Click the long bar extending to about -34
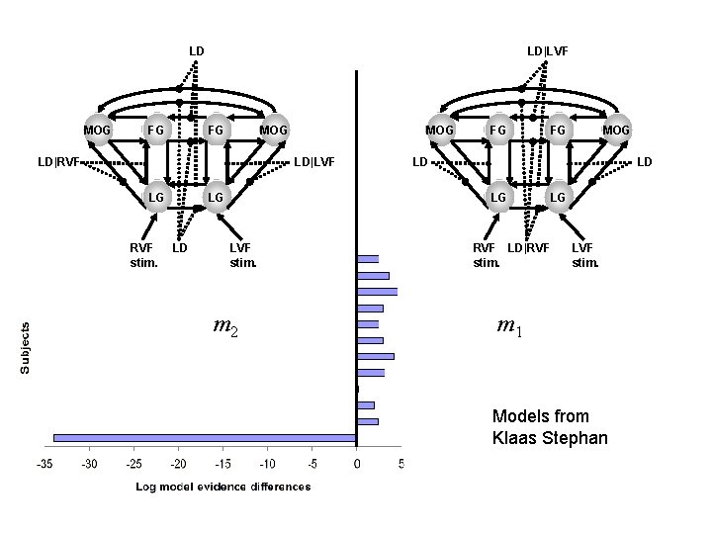pos(204,436)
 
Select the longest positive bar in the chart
pos(377,292)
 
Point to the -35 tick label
pos(44,463)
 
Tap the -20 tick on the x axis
pos(178,463)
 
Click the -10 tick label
pos(267,463)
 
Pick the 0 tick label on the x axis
pos(356,463)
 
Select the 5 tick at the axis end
pos(400,463)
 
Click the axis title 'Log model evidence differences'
pos(222,486)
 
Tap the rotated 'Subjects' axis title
pos(27,346)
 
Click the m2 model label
pos(226,325)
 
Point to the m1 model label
pos(510,327)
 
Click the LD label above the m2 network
pos(197,49)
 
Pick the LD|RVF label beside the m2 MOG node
pos(58,160)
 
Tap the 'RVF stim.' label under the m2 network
pos(143,254)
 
